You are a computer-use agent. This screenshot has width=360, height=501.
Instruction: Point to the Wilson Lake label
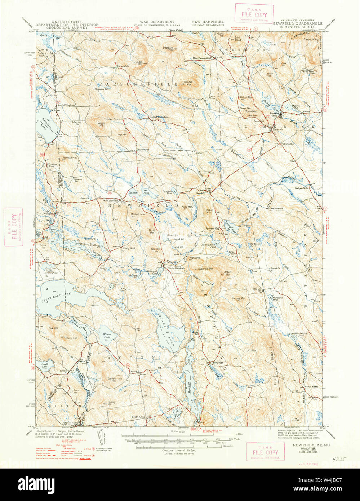[x=107, y=336]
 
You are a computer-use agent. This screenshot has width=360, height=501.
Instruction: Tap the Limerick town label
[x=278, y=129]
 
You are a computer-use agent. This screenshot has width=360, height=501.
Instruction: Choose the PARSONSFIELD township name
[x=139, y=84]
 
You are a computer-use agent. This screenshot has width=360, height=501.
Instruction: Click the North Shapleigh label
[x=176, y=268]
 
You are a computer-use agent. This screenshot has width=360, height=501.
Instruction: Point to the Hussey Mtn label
[x=239, y=298]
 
